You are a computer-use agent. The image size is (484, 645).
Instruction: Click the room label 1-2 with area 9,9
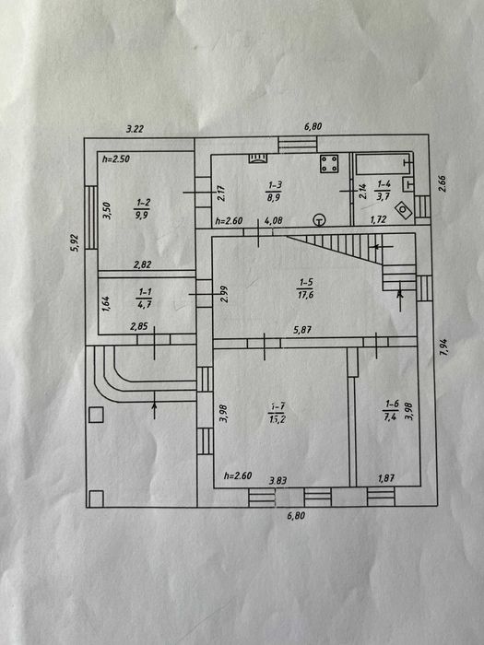[142, 208]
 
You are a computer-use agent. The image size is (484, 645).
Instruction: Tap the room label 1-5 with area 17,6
[305, 288]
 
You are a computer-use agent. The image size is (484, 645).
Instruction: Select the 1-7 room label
[277, 413]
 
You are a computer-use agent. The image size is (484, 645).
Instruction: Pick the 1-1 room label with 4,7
[144, 298]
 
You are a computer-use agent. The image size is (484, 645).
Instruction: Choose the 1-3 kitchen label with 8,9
[274, 192]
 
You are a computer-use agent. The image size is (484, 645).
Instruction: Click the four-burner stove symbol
[330, 164]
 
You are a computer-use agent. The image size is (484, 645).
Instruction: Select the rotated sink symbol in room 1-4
[404, 211]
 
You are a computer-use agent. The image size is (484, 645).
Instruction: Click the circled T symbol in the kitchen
[319, 220]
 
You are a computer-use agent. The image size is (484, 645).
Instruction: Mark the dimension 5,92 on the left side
[76, 242]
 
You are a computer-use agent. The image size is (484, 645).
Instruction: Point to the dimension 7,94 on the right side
[443, 347]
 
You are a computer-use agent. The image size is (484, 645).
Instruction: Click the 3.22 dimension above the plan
[135, 129]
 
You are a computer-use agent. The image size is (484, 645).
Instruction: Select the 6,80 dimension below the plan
[296, 515]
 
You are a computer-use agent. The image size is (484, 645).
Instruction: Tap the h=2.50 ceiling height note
[115, 158]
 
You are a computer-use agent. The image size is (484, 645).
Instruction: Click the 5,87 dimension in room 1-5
[302, 330]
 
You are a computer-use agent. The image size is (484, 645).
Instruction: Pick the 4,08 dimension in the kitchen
[273, 221]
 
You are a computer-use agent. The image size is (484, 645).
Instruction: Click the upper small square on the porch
[96, 415]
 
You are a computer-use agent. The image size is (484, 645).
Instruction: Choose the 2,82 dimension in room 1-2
[142, 264]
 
